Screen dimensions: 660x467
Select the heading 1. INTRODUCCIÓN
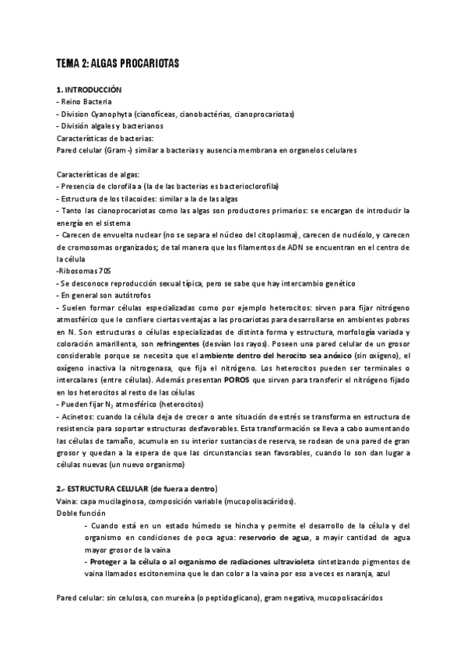[x=89, y=91]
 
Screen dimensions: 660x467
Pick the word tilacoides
[x=124, y=199]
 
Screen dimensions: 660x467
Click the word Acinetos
[x=79, y=419]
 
